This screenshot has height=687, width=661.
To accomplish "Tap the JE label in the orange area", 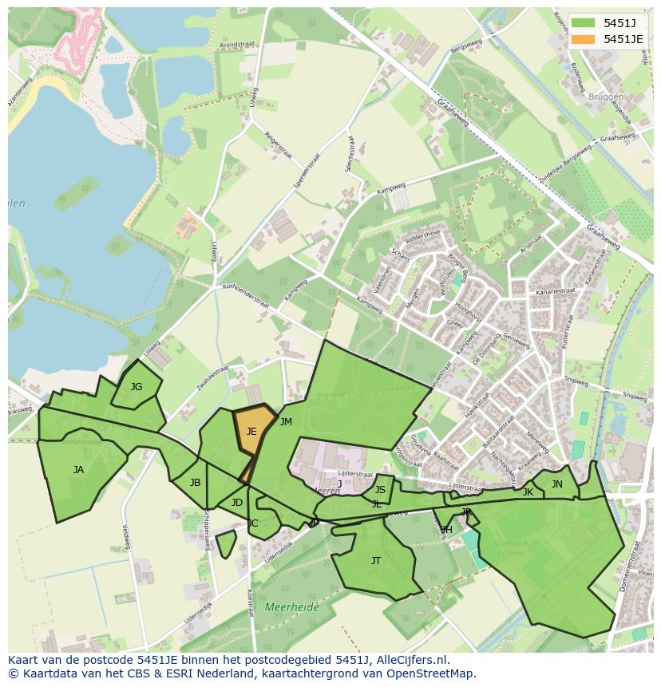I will pyautogui.click(x=251, y=432).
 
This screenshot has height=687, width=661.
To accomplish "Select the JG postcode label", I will pyautogui.click(x=137, y=387).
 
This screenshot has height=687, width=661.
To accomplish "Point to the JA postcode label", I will pyautogui.click(x=78, y=470).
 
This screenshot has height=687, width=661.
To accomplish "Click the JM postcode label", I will pyautogui.click(x=286, y=422).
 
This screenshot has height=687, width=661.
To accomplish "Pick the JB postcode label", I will pyautogui.click(x=196, y=483).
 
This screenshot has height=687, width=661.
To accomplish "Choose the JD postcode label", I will pyautogui.click(x=236, y=503).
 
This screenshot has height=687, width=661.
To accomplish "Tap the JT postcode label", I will pyautogui.click(x=376, y=561).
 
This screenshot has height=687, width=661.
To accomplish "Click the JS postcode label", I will pyautogui.click(x=380, y=490).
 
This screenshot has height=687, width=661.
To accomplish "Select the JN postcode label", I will pyautogui.click(x=557, y=484).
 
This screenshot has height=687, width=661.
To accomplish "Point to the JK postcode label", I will pyautogui.click(x=528, y=492).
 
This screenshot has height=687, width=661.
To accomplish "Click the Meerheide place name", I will pyautogui.click(x=291, y=607).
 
